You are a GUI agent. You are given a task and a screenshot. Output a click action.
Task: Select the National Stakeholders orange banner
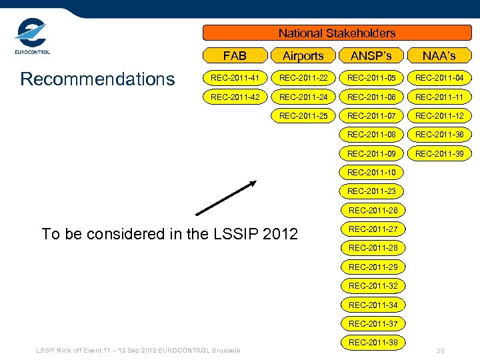[337, 33]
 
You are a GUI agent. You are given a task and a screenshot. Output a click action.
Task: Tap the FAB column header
[235, 56]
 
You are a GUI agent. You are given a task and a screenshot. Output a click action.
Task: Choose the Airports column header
[303, 56]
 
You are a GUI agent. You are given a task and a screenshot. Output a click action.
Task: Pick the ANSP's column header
[371, 56]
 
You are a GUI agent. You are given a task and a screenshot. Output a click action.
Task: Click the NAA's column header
[439, 56]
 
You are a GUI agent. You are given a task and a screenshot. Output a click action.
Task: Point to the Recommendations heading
[97, 79]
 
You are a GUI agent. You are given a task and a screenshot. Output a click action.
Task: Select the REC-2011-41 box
[235, 79]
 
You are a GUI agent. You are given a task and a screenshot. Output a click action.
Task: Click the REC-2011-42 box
[235, 97]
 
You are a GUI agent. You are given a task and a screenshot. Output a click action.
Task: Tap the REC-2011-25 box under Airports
[303, 116]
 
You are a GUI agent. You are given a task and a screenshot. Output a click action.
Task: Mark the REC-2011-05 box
[371, 79]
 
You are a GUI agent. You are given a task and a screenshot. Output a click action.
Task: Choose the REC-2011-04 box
[439, 79]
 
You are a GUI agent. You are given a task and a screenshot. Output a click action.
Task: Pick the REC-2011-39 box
[439, 154]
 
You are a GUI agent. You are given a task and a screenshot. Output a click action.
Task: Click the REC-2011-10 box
[371, 173]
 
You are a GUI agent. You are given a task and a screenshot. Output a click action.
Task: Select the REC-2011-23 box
[371, 191]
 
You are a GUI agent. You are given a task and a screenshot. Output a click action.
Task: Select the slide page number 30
[440, 351]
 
